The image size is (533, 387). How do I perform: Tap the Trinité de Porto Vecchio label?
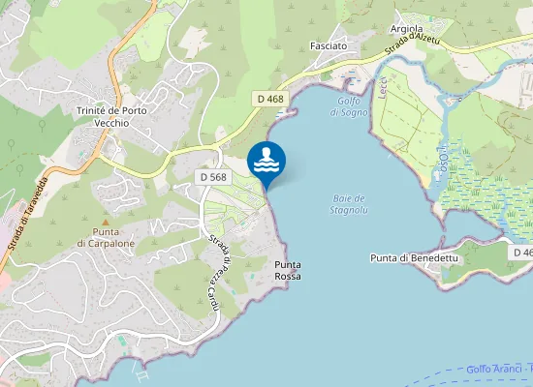[x=110, y=117]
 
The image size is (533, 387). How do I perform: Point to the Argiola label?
[x=406, y=29]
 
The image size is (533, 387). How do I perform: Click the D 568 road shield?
[x=213, y=177]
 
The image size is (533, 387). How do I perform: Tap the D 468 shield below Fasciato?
[x=270, y=99]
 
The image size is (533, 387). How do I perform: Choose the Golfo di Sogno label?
[x=349, y=106]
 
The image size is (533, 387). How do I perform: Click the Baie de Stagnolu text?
[x=347, y=203]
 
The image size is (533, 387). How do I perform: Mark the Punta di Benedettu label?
[x=414, y=258]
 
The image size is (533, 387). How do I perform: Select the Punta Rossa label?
[x=287, y=270]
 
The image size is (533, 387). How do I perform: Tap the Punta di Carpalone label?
[x=107, y=238]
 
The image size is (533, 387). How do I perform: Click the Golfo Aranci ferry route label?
[x=499, y=369]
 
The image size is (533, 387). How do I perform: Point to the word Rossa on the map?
[x=287, y=277]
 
